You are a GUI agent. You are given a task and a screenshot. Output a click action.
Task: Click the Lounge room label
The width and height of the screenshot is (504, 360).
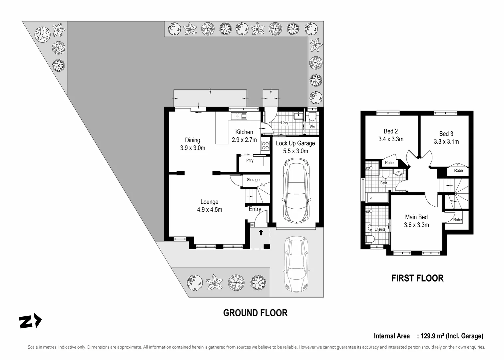[209, 202]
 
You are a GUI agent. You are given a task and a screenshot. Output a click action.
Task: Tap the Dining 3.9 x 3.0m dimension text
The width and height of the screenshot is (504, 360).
[193, 148]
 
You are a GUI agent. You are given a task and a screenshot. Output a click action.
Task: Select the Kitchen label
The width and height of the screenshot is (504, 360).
[244, 132]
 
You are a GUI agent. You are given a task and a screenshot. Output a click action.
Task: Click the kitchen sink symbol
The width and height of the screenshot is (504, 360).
[239, 116]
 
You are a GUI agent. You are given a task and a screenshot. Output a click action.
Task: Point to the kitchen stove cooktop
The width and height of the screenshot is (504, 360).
[265, 145]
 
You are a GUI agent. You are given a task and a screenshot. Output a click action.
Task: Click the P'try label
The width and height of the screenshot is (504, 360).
[250, 161]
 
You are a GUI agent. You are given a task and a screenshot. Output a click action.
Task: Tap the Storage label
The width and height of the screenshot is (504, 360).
[253, 180]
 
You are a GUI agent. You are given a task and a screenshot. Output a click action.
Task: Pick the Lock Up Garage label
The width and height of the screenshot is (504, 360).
[295, 143]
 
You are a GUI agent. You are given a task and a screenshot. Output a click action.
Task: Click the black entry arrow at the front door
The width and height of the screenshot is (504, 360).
[261, 232]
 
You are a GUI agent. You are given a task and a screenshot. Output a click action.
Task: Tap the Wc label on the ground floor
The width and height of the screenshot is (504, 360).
[312, 127]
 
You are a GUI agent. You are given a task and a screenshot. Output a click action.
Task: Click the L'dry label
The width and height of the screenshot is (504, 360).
[284, 123]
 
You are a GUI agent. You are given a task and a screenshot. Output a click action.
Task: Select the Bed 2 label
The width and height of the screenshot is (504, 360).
[391, 131]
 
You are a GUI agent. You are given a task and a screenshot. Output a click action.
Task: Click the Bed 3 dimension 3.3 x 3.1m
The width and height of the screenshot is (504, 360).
[446, 142]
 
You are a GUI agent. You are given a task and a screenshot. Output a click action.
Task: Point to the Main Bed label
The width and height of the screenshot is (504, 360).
[416, 217]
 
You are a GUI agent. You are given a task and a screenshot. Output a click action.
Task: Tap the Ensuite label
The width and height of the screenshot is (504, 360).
[380, 229]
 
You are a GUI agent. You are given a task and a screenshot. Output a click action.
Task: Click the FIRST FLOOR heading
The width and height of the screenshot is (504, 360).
[417, 278]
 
